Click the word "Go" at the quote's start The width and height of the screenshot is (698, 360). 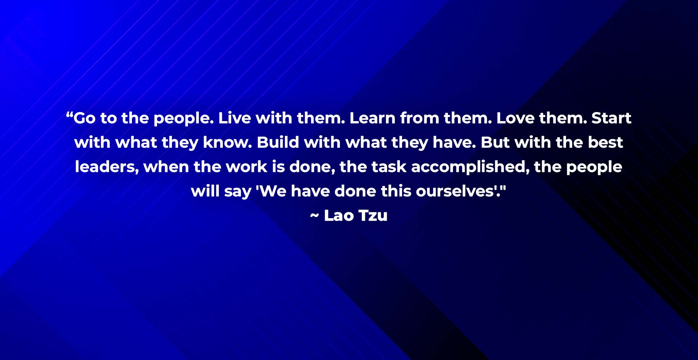tap(85, 118)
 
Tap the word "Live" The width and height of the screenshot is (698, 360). tap(234, 118)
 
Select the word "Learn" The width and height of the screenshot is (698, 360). tap(372, 118)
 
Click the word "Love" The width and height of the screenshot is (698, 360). tap(515, 118)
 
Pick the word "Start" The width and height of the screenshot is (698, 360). tap(611, 118)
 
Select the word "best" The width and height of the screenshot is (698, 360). tap(606, 143)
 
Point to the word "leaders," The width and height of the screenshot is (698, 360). tap(107, 167)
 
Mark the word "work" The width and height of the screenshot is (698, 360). tap(246, 167)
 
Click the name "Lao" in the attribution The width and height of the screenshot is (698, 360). tap(339, 215)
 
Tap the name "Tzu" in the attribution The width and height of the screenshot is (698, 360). tap(373, 215)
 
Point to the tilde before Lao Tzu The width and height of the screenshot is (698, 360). tap(314, 216)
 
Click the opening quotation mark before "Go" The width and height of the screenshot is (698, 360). tap(69, 115)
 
